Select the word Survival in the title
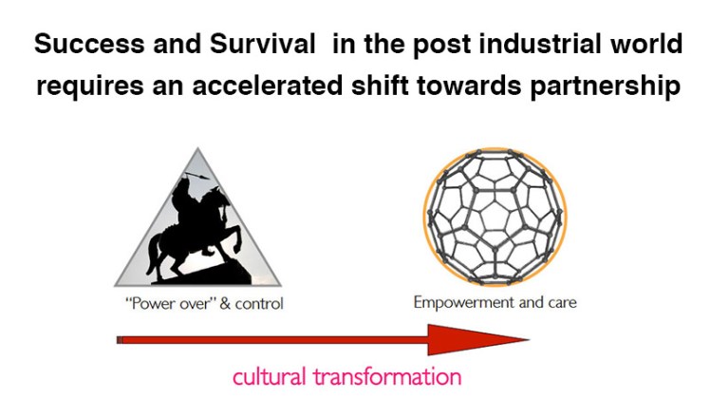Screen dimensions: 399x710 click(215, 44)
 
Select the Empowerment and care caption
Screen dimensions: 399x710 click(495, 304)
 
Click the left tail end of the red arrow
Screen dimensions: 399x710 click(119, 339)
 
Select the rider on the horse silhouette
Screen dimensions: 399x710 click(182, 199)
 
